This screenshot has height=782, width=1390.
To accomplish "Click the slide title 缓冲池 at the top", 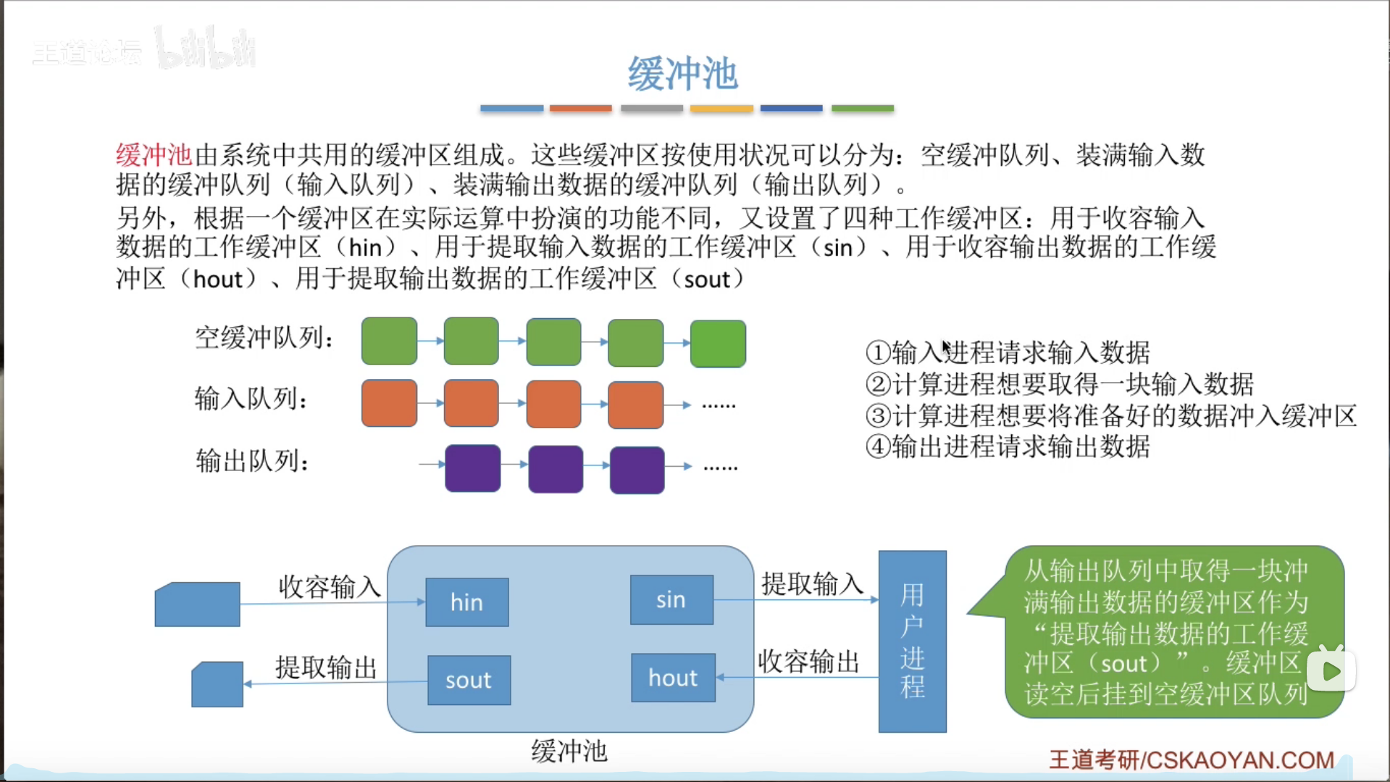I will click(x=682, y=74).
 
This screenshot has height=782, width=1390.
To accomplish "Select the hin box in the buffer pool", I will click(x=466, y=602).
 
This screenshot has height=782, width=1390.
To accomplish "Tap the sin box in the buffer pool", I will click(x=671, y=599).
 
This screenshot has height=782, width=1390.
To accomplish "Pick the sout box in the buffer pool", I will click(x=469, y=680).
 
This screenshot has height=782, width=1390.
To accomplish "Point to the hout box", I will click(x=673, y=678).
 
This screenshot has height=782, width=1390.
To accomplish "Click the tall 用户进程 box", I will click(x=912, y=641).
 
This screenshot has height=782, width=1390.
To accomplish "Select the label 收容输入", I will click(x=330, y=586).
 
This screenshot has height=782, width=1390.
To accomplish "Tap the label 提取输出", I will click(x=326, y=667).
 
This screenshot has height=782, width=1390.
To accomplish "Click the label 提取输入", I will click(x=812, y=583).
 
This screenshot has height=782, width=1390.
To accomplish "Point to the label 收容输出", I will click(x=808, y=661).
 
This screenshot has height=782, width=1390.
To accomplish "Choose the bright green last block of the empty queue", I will click(x=718, y=344).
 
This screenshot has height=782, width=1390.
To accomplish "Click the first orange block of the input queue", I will click(x=389, y=403).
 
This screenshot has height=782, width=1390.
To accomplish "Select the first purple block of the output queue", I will click(x=472, y=468).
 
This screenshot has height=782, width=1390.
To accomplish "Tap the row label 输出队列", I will click(x=252, y=460).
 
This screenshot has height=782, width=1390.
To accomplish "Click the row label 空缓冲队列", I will click(x=264, y=337).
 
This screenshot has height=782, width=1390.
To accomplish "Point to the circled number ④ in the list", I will click(x=878, y=446).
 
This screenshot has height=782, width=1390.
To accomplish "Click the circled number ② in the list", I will click(x=878, y=384).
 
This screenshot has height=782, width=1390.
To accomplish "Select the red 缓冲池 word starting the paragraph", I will click(x=154, y=155).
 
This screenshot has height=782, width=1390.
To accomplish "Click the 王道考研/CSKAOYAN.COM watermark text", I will click(x=1192, y=760).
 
